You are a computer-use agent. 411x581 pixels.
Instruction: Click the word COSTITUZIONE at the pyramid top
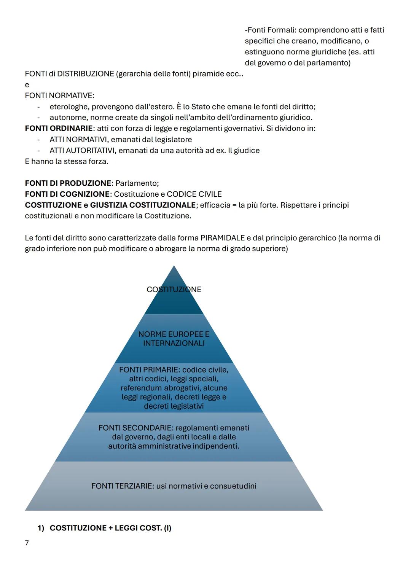(174, 290)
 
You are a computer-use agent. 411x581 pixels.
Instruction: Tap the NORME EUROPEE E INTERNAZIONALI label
(174, 339)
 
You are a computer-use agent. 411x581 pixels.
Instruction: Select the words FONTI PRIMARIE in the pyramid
(149, 370)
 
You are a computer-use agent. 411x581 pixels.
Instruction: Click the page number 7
(27, 543)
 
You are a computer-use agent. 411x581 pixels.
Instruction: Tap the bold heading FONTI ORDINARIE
(59, 129)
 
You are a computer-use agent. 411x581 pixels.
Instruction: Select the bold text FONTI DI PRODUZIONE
(68, 183)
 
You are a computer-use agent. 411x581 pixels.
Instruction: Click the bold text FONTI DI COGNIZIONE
(67, 194)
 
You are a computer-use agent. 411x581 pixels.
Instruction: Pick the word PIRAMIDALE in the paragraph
(223, 238)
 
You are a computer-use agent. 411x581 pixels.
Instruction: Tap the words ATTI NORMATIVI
(79, 140)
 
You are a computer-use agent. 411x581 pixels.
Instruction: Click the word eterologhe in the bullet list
(68, 107)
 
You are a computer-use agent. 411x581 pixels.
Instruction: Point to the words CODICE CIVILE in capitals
(194, 194)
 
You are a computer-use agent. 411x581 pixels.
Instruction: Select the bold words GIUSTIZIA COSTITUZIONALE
(143, 205)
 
